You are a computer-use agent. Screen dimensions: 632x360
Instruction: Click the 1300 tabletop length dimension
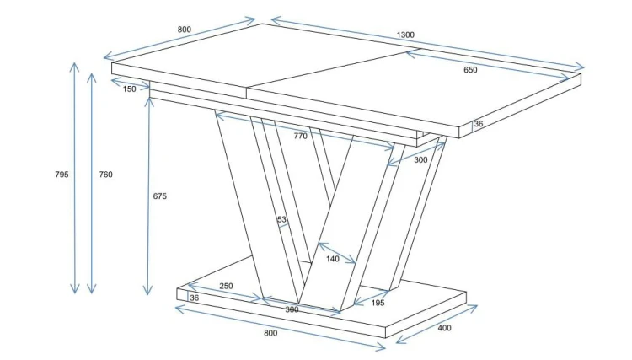tap(405, 35)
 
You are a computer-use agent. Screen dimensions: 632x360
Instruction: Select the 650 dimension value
tap(470, 70)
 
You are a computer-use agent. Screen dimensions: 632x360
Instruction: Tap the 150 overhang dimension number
tap(130, 89)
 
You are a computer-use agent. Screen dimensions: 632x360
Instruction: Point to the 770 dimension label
tap(300, 136)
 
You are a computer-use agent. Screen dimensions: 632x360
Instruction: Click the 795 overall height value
tap(62, 175)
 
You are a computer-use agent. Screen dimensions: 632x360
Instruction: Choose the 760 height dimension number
tap(105, 175)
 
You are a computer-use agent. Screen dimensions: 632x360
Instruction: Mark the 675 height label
tap(159, 196)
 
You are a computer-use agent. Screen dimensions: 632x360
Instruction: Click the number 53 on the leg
tap(281, 219)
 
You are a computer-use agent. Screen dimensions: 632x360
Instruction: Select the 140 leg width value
tap(333, 259)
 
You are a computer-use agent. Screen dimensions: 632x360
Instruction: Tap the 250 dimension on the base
tap(226, 286)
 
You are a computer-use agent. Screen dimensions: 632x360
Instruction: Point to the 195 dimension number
tap(378, 303)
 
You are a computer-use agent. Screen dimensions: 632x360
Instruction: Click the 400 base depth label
tap(444, 328)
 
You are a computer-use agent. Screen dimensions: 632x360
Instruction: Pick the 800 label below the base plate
tap(270, 333)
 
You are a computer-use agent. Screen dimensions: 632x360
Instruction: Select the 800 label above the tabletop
tap(185, 30)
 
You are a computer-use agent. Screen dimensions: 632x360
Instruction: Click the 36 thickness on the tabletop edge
tap(479, 124)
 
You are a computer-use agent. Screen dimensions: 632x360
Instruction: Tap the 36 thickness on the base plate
tap(195, 298)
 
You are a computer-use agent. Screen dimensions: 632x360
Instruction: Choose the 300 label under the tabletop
tap(420, 160)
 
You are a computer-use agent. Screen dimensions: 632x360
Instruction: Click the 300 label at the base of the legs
tap(292, 309)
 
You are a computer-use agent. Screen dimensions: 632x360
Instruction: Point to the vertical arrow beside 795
tap(74, 178)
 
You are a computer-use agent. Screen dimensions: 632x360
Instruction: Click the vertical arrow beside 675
tap(148, 196)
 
